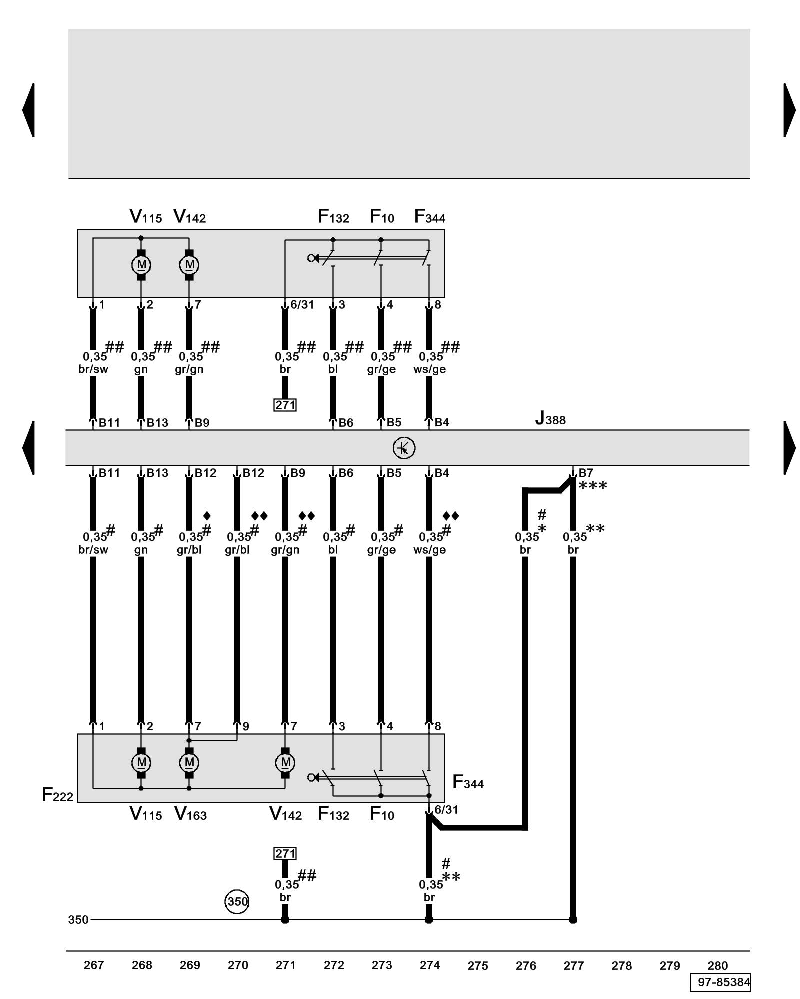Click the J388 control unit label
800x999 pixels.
pos(550,418)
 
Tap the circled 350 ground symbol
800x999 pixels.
pos(237,901)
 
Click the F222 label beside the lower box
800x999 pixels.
pos(57,795)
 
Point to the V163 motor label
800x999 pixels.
pos(190,814)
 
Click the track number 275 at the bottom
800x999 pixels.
pos(477,965)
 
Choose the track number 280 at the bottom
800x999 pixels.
pos(717,965)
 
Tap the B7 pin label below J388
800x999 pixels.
pos(586,473)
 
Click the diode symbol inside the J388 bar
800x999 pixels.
pos(404,448)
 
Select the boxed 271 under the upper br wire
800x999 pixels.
pos(285,405)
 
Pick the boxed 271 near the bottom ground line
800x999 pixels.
pos(285,853)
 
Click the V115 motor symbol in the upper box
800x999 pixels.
pos(141,264)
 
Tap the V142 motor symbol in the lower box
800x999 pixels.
pos(285,762)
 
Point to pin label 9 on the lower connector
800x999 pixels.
pos(246,726)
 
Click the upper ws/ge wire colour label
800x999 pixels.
pos(429,369)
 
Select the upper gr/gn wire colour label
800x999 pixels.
pos(189,369)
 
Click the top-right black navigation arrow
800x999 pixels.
pos(789,110)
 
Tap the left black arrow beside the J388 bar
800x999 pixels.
pos(29,448)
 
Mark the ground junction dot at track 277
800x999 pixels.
pos(573,919)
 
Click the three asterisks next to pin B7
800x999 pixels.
pos(593,486)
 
